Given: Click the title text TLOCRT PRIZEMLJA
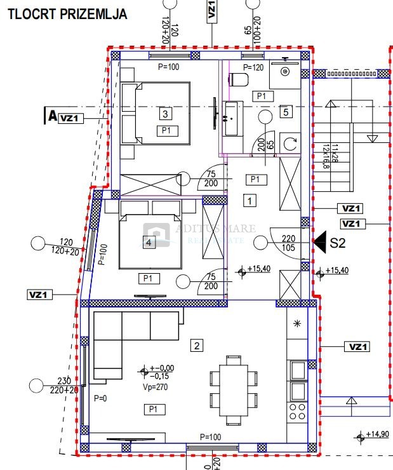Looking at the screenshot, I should pos(67,13).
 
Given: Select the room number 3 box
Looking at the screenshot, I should pos(165,114).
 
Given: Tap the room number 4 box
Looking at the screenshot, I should pos(149,242).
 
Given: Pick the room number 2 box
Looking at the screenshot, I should pos(197,346).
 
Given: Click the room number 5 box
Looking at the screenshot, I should pos(286,112).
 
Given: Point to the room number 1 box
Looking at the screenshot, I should pos(250,201).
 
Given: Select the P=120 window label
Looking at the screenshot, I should pos(253,67).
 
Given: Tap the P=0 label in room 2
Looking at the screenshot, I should pos(100,399).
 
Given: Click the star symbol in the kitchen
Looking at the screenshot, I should pos(297,324).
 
